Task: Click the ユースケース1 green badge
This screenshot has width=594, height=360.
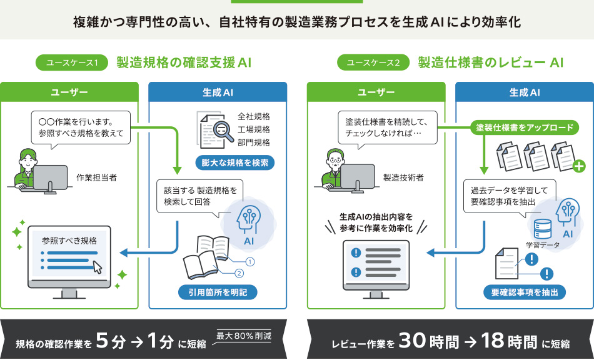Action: [x=73, y=62]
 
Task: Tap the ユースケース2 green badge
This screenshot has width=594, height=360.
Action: [x=373, y=62]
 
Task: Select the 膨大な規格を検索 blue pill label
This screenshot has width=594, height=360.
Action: [x=235, y=163]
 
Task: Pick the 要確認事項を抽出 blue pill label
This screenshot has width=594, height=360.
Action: [x=524, y=292]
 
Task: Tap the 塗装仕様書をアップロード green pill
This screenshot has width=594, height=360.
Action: [x=524, y=128]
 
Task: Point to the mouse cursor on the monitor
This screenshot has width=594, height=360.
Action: [x=98, y=267]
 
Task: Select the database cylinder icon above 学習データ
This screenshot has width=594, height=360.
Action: [x=541, y=226]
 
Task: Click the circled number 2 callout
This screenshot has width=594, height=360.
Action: [x=238, y=272]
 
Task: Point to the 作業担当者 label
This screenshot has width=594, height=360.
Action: [x=96, y=177]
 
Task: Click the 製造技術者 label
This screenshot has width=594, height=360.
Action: [x=403, y=177]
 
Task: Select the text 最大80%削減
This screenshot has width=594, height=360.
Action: [x=244, y=336]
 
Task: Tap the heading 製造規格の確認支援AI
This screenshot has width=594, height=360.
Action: [x=184, y=62]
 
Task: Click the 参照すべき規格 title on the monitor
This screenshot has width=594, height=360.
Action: [x=73, y=239]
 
